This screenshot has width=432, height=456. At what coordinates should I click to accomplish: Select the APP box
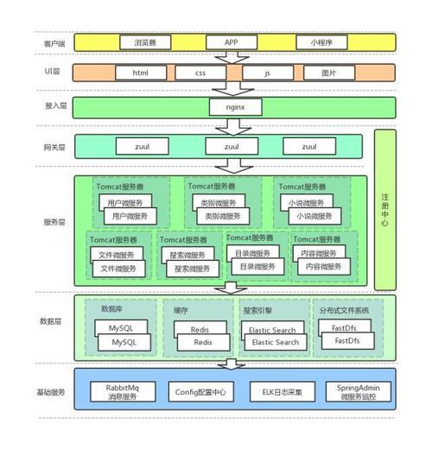point(231,41)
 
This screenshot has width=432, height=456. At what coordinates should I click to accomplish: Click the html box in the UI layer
point(142,73)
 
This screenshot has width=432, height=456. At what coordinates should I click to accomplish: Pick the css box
point(199,73)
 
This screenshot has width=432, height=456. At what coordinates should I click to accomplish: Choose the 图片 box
point(328,73)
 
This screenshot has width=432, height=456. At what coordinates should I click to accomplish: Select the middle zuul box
point(231,148)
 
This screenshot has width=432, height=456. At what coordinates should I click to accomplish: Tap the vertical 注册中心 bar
point(384,208)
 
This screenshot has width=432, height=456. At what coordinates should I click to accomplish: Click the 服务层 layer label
point(54,222)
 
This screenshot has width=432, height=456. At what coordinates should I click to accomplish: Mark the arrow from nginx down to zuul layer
point(230,125)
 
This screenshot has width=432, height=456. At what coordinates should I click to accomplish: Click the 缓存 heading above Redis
point(181,309)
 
